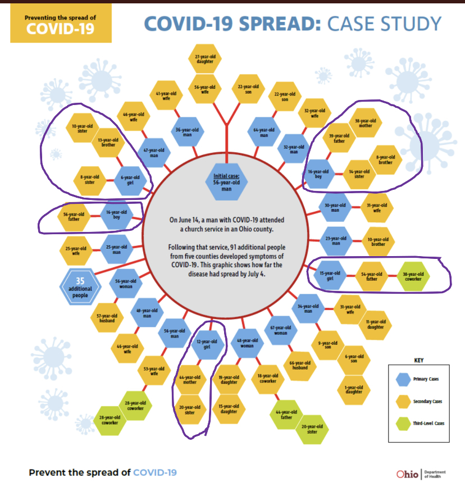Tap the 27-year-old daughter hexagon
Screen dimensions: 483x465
(205, 59)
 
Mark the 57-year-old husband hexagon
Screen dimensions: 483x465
(107, 317)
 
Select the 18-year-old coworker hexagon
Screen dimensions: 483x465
(267, 379)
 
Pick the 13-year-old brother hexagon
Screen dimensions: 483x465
(108, 142)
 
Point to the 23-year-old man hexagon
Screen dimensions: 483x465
(335, 239)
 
